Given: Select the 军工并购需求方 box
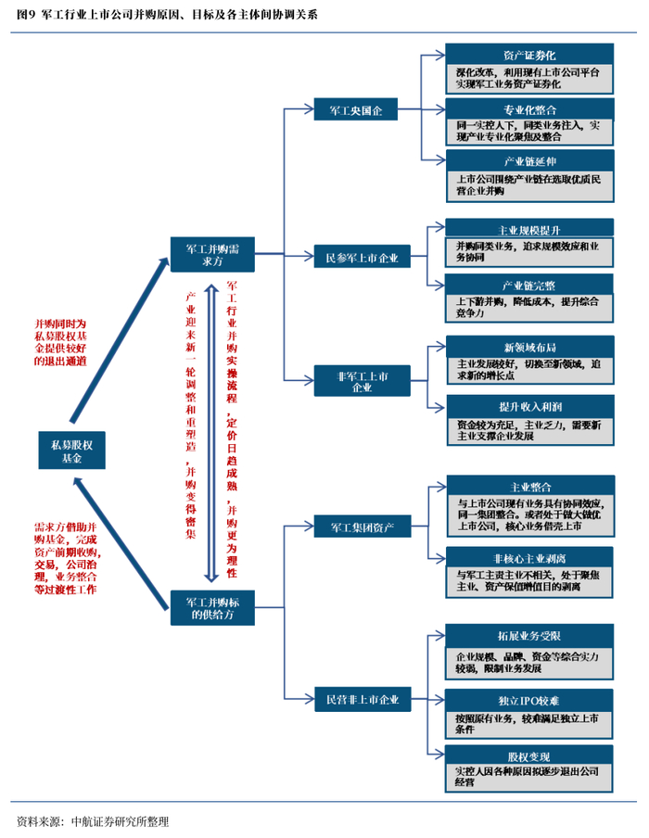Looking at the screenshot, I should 212,254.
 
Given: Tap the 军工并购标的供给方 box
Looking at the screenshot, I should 212,606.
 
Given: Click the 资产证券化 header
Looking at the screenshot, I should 529,55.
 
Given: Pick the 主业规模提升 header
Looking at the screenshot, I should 529,228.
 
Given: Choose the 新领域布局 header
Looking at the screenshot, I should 529,347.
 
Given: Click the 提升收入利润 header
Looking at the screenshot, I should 529,407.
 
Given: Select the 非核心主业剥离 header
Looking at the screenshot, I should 529,558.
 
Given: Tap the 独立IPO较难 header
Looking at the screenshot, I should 529,698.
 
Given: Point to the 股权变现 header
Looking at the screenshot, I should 529,755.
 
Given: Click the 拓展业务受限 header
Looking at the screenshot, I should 529,635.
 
